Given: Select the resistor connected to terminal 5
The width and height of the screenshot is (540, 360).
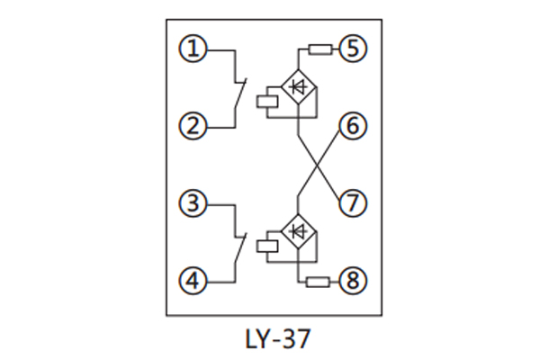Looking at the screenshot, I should coord(319,49).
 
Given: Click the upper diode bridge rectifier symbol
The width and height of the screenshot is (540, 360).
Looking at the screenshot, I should coord(297,86).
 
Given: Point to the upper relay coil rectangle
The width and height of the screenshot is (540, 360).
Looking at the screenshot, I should coord(268,100).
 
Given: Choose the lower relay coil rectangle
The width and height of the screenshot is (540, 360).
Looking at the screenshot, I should coord(268,244).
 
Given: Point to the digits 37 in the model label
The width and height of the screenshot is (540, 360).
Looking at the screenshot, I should coord(299,340).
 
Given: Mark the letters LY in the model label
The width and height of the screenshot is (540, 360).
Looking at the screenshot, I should coord(256,340).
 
